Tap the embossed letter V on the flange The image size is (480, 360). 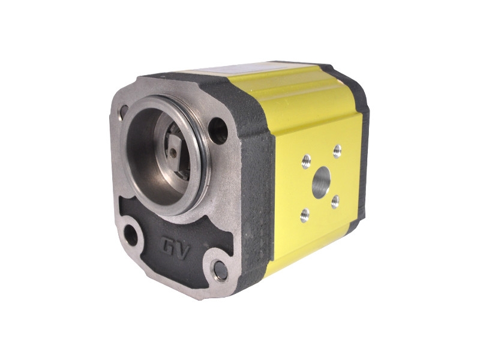(x=183, y=251)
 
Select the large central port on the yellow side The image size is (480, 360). (x=321, y=182)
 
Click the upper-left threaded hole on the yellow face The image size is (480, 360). (x=306, y=161)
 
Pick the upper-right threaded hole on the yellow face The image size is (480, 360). (x=337, y=151)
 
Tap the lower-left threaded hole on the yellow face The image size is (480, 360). (x=305, y=215)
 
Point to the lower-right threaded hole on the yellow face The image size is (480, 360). (x=335, y=202)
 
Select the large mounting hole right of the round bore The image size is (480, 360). (x=218, y=131)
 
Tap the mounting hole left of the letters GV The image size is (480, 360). (x=131, y=235)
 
